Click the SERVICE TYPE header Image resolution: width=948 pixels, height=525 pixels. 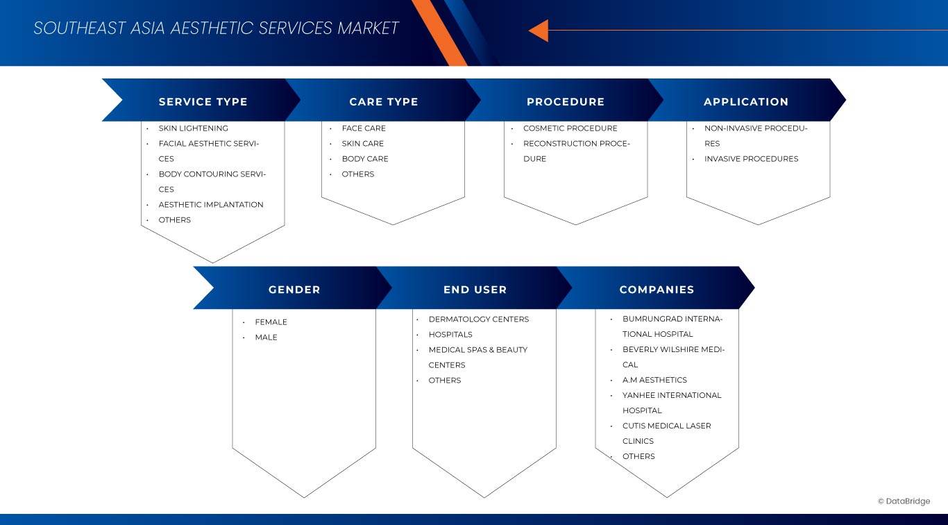(203, 101)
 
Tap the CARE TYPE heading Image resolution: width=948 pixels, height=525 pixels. (383, 101)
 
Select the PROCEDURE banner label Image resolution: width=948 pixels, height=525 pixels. (566, 101)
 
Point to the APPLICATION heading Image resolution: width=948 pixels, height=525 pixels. (746, 101)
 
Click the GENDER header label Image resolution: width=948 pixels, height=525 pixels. (294, 290)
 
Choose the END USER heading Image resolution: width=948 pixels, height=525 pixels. (475, 290)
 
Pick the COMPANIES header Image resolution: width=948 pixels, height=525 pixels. (657, 290)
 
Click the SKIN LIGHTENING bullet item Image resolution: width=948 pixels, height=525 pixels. (193, 128)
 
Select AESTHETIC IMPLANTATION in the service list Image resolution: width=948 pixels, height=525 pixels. (211, 204)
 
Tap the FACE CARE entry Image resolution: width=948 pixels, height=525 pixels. (364, 128)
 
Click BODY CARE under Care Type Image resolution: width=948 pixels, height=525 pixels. (365, 159)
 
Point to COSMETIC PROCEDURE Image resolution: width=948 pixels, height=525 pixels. (570, 128)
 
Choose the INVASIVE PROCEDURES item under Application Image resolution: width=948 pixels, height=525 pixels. (751, 159)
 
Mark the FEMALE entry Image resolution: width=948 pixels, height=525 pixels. (271, 322)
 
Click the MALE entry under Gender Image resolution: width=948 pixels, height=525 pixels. (266, 337)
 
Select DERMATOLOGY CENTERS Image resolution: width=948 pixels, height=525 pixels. (479, 319)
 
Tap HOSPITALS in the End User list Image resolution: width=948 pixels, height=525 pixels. (450, 335)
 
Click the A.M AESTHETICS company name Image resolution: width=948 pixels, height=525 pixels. (654, 380)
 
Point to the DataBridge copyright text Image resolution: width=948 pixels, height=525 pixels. (904, 501)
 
